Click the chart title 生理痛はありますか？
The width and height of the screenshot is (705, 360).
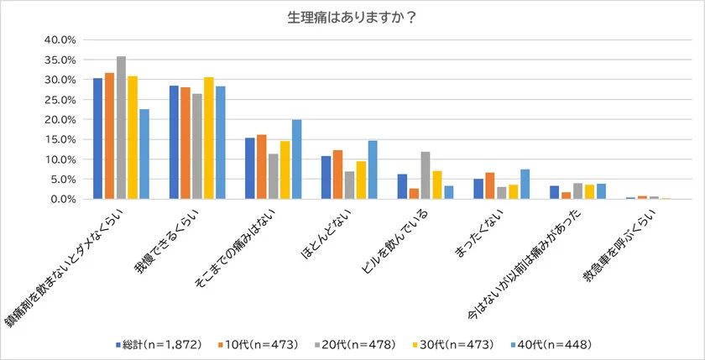[x=352, y=18]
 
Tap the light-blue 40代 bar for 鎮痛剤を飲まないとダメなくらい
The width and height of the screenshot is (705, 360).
[x=144, y=154]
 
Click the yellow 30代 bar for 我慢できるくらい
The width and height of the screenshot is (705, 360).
[x=209, y=138]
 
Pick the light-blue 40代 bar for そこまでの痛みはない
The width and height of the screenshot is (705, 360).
[x=296, y=159]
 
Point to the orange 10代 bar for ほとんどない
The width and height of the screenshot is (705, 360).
[x=337, y=175]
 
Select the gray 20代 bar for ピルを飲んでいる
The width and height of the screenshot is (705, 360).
[x=426, y=175]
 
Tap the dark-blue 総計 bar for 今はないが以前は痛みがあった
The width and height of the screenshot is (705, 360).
[x=554, y=192]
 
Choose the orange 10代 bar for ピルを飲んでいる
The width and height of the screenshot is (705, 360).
[x=414, y=194]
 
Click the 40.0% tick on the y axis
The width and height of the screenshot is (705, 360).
[x=60, y=39]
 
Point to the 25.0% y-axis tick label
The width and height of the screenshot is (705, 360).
[x=60, y=100]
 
